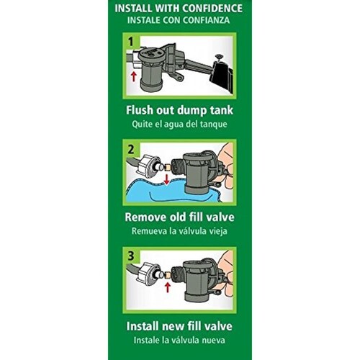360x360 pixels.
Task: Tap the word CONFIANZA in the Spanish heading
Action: (207, 20)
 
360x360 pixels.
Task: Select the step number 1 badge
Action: (131, 42)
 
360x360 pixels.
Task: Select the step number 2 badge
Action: (131, 149)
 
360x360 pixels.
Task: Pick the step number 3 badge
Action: (131, 256)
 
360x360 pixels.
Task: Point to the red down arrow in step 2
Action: (166, 179)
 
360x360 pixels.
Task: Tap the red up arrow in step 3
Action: (168, 287)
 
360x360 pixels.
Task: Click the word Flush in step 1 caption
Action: (140, 110)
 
